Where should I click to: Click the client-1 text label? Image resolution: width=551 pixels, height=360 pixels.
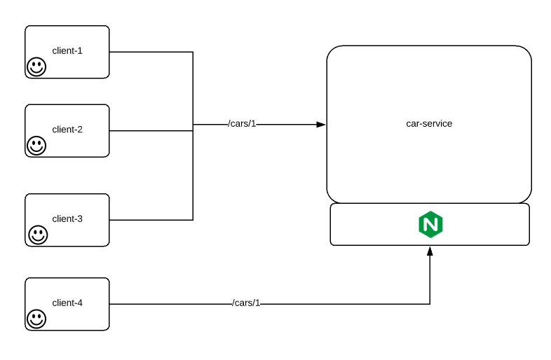[x=67, y=50]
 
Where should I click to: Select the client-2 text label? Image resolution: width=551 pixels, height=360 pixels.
[x=67, y=130]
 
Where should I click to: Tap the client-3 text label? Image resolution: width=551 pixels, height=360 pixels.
[x=67, y=219]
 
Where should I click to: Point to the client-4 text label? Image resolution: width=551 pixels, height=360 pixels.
[x=67, y=303]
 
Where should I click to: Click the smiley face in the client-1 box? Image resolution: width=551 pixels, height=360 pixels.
[x=36, y=67]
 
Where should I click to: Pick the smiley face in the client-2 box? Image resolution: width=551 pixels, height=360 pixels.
[x=36, y=146]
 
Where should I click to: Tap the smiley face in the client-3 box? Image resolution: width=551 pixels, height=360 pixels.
[x=38, y=235]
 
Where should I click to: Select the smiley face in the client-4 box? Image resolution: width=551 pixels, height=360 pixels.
[x=36, y=319]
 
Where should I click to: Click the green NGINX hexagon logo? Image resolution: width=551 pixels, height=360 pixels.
[x=430, y=225]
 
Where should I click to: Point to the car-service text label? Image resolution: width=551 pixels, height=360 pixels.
[x=429, y=123]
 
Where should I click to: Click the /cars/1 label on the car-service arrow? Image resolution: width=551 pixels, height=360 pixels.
[x=243, y=124]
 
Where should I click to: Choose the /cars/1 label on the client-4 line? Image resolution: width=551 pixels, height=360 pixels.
[x=246, y=303]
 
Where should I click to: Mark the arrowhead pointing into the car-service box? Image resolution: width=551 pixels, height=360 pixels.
[x=321, y=124]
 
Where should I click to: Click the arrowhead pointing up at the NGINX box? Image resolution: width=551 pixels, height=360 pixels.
[x=430, y=250]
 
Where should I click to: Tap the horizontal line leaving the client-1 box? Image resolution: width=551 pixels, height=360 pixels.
[x=151, y=52]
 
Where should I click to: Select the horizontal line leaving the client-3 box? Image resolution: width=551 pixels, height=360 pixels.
[x=151, y=220]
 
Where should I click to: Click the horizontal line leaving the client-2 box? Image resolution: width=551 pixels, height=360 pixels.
[x=151, y=131]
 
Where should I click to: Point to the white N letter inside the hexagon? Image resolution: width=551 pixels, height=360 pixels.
[x=430, y=225]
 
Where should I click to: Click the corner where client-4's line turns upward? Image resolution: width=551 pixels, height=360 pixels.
[x=430, y=304]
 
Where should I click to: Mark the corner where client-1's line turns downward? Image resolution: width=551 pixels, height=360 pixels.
[x=193, y=52]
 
